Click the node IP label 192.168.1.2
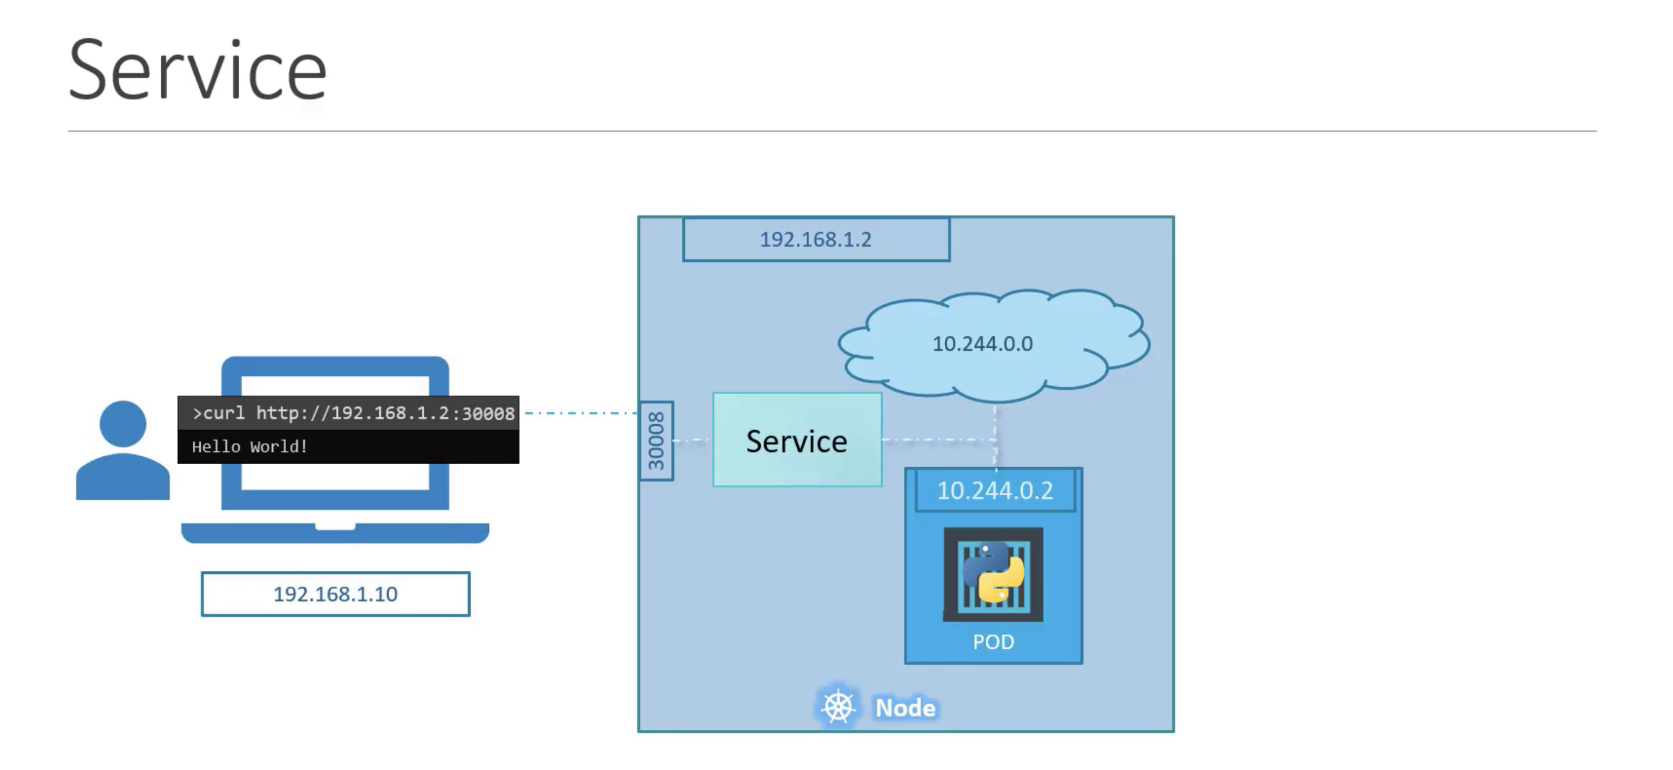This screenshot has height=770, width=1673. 816,240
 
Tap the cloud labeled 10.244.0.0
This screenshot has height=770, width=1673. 982,344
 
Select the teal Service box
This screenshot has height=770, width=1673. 797,440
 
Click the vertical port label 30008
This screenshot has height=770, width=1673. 656,441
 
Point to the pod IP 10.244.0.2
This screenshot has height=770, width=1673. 994,490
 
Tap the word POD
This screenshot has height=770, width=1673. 993,642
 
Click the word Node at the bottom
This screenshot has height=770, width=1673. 905,708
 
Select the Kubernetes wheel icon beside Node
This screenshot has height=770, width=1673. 838,707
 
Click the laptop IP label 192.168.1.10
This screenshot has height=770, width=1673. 335,594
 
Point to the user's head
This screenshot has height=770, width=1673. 123,423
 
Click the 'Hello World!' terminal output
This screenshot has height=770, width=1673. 250,447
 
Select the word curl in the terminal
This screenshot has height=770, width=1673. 224,413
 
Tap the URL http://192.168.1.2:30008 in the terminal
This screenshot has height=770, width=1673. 385,413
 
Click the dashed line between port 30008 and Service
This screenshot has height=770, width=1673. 692,440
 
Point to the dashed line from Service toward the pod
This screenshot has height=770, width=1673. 938,440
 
